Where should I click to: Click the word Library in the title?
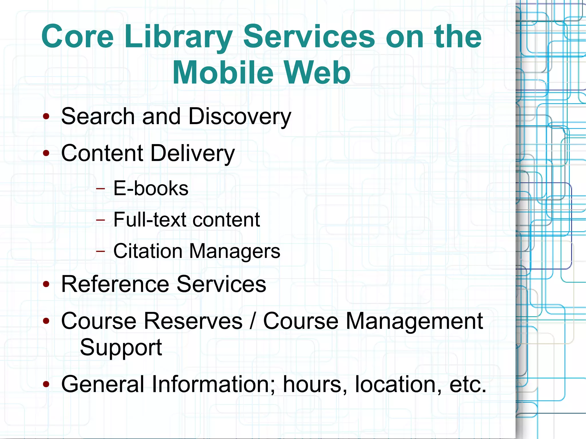click(x=178, y=37)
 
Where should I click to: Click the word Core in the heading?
click(x=78, y=37)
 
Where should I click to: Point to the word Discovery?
click(x=239, y=117)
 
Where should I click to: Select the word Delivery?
click(x=192, y=153)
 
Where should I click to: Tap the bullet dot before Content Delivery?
click(x=46, y=153)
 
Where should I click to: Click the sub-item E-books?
click(x=151, y=188)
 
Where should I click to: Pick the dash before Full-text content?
click(x=100, y=220)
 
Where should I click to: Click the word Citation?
click(x=148, y=251)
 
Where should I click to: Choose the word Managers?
click(x=235, y=251)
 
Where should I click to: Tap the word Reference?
click(x=115, y=284)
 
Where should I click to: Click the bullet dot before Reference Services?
click(x=46, y=284)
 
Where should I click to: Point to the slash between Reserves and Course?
click(x=253, y=321)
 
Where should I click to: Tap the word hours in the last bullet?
click(x=315, y=384)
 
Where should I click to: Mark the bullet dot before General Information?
click(x=46, y=384)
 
